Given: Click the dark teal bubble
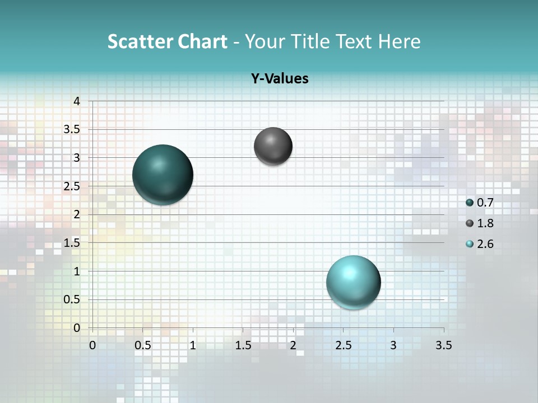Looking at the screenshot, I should [x=163, y=175].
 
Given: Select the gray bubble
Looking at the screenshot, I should [x=273, y=146].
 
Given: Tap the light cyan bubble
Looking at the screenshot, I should [x=353, y=282].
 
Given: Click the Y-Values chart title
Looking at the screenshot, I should [x=280, y=78].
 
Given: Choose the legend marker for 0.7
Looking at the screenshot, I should [x=470, y=203].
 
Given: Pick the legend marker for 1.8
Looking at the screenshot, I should [x=470, y=223].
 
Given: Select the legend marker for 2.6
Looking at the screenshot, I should [x=470, y=244].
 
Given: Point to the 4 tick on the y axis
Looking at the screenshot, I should [x=77, y=101].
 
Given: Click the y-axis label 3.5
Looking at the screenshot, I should [x=72, y=129].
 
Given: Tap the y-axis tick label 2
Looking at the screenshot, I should [x=77, y=214].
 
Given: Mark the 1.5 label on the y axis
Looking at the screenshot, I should [x=72, y=243].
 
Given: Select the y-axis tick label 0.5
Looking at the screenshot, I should [x=72, y=299].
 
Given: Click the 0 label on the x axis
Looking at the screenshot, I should [x=92, y=345].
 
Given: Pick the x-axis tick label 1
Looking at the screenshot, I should [x=193, y=345].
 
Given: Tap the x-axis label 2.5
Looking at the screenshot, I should [x=343, y=345].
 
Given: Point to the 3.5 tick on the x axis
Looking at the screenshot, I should [x=443, y=345].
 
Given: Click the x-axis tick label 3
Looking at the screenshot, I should [x=393, y=345].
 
